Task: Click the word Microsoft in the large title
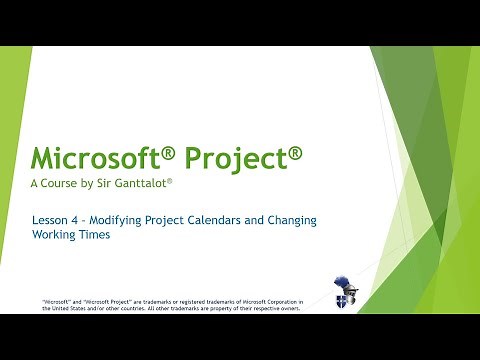[92, 158]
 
